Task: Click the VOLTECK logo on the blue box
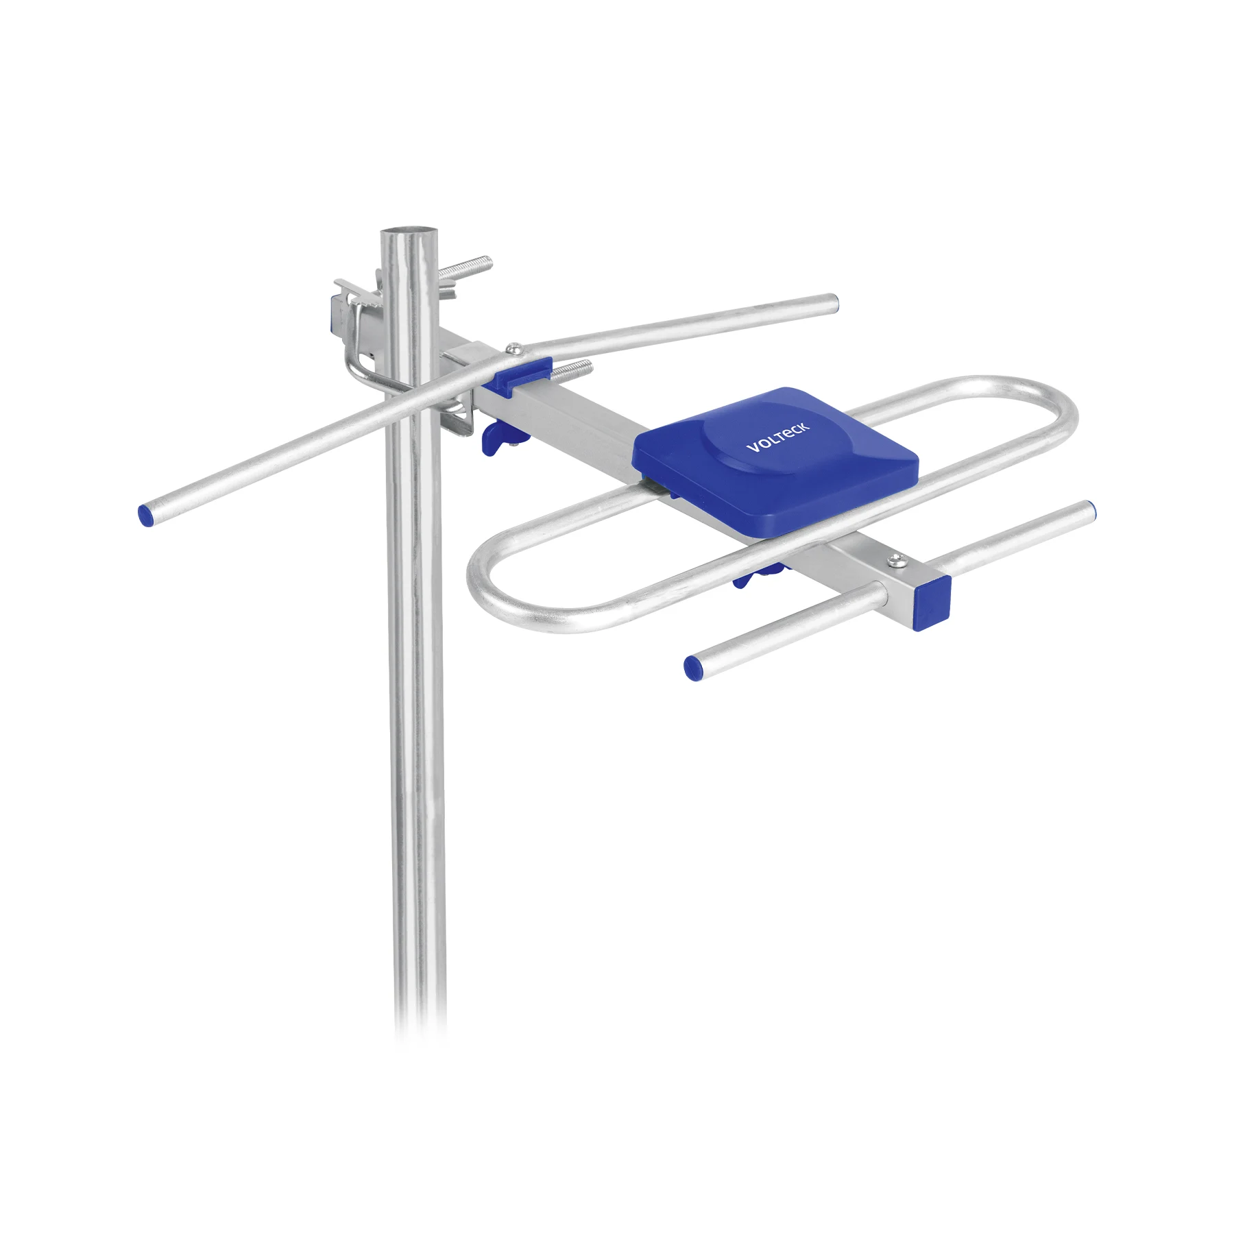777,437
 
